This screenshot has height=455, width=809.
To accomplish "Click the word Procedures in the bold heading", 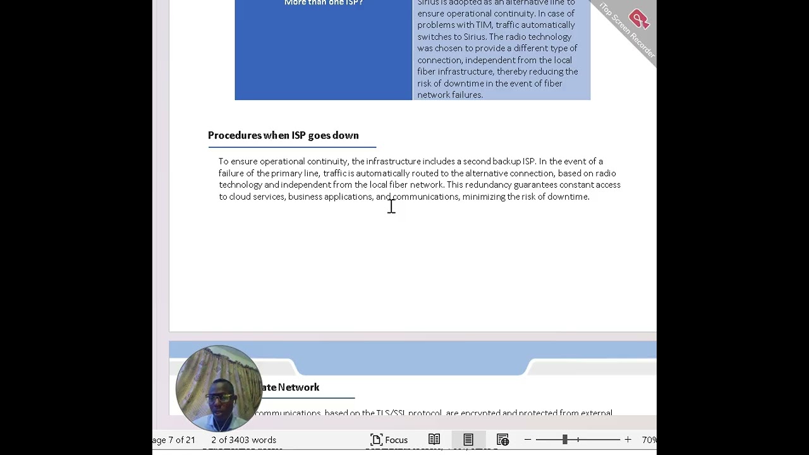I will coord(234,135).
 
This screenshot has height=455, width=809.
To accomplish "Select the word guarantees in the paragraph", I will coord(535,185).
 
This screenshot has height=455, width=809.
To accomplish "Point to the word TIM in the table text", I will coord(474,25).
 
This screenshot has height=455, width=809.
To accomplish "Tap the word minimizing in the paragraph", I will coord(484,197).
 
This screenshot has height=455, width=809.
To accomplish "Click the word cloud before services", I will coord(240,197).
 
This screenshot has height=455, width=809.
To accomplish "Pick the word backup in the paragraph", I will coord(506,161).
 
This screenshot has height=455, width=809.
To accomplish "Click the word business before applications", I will coord(305,197).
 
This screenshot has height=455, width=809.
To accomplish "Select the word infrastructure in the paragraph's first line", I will coord(393,161).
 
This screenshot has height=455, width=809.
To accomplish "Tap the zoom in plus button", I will coord(628,440).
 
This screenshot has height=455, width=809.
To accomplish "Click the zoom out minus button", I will coord(528,440).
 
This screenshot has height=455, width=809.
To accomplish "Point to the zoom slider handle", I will coord(564,440).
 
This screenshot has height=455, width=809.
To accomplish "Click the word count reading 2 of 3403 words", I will coord(243,440).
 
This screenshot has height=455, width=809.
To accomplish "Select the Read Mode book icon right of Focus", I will coord(434,440).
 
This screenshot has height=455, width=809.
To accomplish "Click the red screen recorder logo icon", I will coord(638,20).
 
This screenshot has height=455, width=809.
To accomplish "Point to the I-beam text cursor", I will coord(391,206).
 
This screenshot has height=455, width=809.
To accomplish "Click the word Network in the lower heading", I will coord(298,387).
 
